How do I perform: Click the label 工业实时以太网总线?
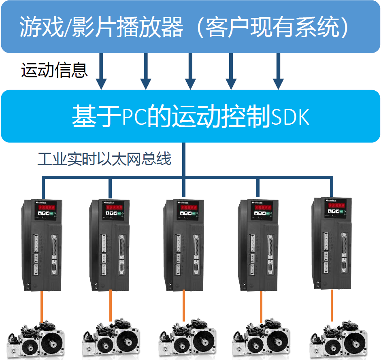pyautogui.click(x=104, y=159)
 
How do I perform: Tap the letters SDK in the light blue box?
pyautogui.click(x=290, y=117)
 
